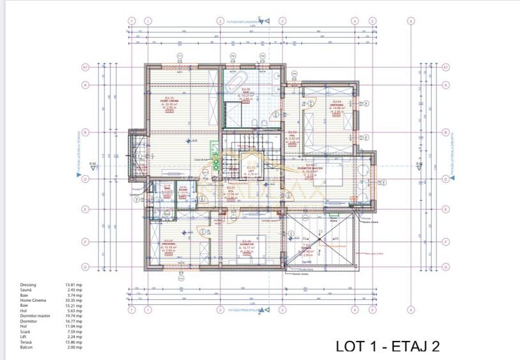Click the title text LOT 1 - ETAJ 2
(x=387, y=347)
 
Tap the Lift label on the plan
(x=251, y=169)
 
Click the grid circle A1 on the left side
(x=84, y=67)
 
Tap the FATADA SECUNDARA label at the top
(x=242, y=21)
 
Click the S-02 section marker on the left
(x=92, y=164)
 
